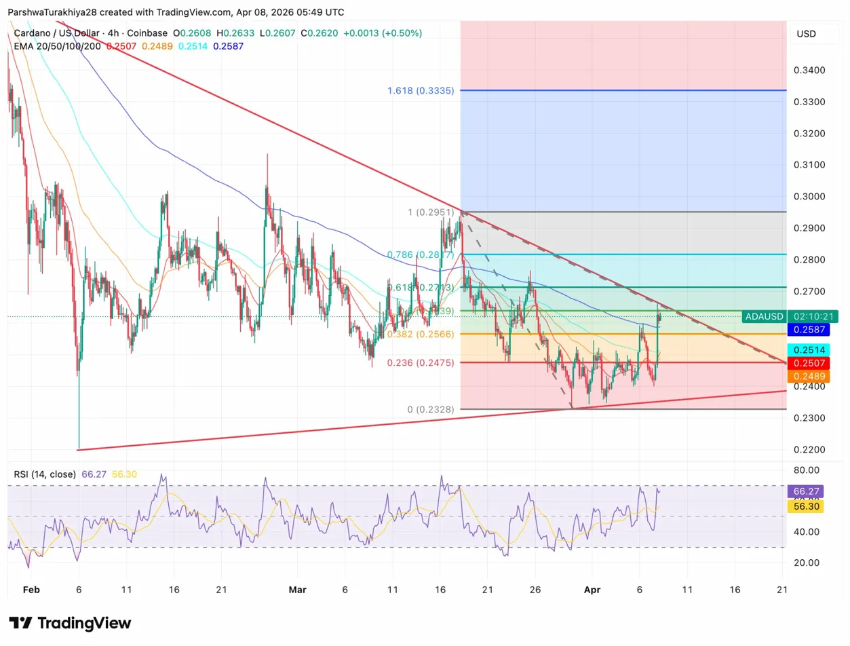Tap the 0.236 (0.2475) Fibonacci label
coord(421,363)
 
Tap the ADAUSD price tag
coord(763,316)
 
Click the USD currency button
coord(806,34)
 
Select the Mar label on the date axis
coord(297,590)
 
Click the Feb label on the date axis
coord(31,590)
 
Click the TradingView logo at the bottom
coord(70,623)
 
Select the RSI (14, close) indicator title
coord(43,474)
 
